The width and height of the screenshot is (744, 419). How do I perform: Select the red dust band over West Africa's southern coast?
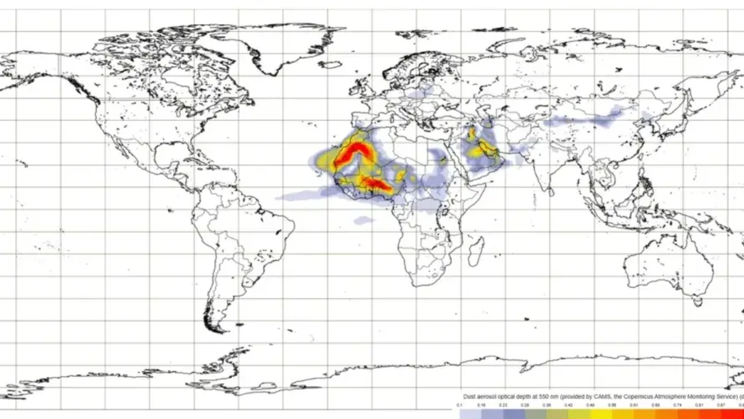375,183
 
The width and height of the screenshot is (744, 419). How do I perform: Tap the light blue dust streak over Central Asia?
583,119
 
